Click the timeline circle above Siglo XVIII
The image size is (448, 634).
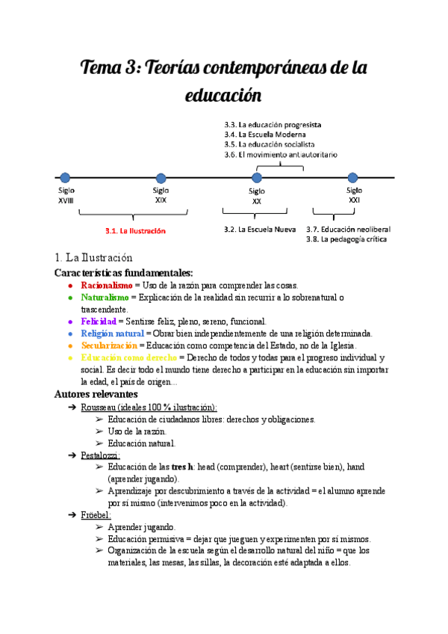tap(65, 177)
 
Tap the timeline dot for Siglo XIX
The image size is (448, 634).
tap(161, 177)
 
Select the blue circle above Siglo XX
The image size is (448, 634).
tap(257, 177)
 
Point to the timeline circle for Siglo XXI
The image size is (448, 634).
tap(353, 177)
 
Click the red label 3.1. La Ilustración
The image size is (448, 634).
tap(135, 231)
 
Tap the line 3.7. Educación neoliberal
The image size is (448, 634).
tap(348, 229)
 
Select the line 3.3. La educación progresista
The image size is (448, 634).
tap(273, 124)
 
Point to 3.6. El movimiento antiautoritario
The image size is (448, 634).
tap(281, 154)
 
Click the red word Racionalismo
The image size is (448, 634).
tap(106, 286)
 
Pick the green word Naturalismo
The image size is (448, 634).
tap(105, 298)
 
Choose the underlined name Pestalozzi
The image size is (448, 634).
tap(100, 455)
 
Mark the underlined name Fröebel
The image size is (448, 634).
tap(96, 515)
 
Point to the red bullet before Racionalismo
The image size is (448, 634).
tap(69, 286)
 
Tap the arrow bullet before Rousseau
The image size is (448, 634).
tap(72, 407)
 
